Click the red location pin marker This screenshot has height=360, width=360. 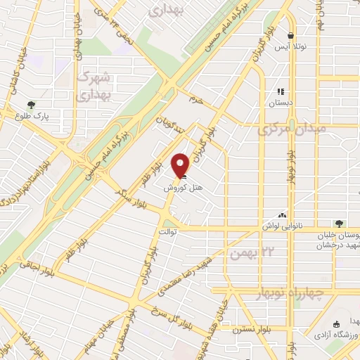(181, 165)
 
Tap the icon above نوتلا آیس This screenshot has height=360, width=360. (290, 35)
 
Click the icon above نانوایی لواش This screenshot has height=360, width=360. (283, 215)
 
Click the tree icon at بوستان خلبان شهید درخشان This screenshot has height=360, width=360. (340, 224)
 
